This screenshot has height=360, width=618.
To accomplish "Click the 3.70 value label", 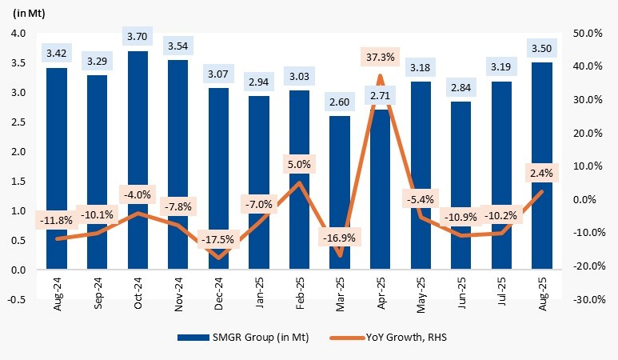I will (138, 36).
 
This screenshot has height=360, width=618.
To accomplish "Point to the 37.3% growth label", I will (380, 58).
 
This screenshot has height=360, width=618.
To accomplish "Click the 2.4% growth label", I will (542, 173).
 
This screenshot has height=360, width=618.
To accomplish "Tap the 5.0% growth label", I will (299, 166).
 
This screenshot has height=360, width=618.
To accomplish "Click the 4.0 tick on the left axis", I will (18, 34).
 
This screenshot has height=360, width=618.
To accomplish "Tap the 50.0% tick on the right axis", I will (588, 34).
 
